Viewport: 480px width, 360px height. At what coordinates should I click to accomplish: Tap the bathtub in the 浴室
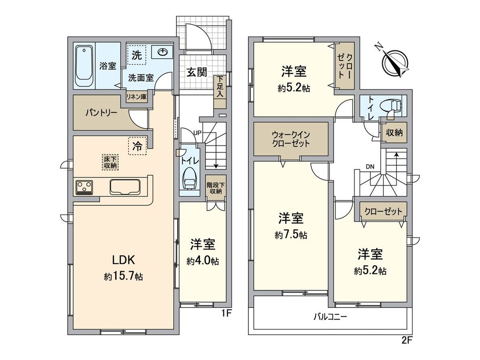point(83,67)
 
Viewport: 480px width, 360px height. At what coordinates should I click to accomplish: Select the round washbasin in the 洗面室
point(162,52)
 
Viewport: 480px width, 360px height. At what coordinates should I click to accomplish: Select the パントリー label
point(102,112)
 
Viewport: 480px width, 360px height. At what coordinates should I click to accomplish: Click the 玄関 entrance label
point(196,72)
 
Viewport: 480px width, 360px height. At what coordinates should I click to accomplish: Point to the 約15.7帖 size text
point(123,276)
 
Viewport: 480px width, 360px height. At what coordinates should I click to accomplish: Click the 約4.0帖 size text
point(203,261)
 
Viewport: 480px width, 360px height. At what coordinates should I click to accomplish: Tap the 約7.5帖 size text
point(291,235)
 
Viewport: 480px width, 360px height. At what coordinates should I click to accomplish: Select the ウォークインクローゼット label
point(291,140)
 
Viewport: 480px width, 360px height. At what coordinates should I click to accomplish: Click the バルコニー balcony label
point(330,317)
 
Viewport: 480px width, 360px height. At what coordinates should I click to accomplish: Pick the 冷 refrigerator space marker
point(138,146)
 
